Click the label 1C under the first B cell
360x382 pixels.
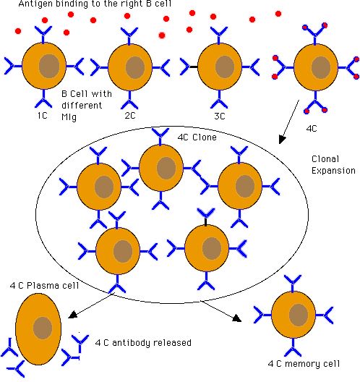click(x=43, y=116)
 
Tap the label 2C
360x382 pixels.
click(x=130, y=116)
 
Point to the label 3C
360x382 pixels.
click(x=220, y=116)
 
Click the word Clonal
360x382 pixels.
click(x=325, y=159)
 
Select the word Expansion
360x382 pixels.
click(x=333, y=171)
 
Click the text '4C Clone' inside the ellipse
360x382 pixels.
click(x=197, y=137)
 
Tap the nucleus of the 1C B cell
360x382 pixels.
click(x=49, y=66)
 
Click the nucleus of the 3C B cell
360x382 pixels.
click(x=225, y=67)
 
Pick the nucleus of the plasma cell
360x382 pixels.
click(x=43, y=328)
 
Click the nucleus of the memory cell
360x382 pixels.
click(x=299, y=315)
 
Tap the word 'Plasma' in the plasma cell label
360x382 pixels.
click(x=40, y=285)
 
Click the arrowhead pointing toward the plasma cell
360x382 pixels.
click(x=72, y=314)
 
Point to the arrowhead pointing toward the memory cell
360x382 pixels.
click(x=237, y=318)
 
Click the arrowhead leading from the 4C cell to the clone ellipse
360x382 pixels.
click(x=282, y=140)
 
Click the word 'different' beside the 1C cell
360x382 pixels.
click(x=82, y=106)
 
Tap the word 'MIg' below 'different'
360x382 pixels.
click(x=69, y=117)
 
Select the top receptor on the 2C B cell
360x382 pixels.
click(x=129, y=35)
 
